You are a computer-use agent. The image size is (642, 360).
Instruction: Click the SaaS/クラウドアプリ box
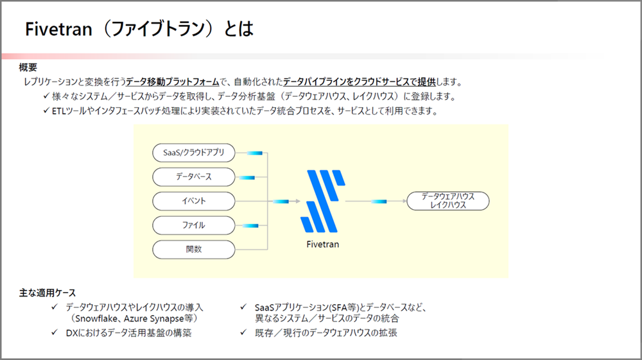193,153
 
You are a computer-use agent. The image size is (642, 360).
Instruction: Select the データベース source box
193,176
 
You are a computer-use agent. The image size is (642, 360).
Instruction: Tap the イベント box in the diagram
193,201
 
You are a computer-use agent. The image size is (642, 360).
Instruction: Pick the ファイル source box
193,225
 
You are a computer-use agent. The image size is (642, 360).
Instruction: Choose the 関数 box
193,249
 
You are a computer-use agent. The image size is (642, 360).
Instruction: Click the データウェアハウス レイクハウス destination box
448,201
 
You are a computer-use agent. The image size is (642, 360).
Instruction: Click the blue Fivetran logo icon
322,201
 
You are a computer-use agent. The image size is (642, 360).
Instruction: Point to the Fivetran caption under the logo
322,244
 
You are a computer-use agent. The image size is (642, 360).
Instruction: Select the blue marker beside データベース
247,177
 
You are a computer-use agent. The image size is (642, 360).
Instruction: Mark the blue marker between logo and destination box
378,201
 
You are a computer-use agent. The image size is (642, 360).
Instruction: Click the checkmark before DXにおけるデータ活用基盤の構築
55,332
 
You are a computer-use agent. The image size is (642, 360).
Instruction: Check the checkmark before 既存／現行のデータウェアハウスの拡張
243,332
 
